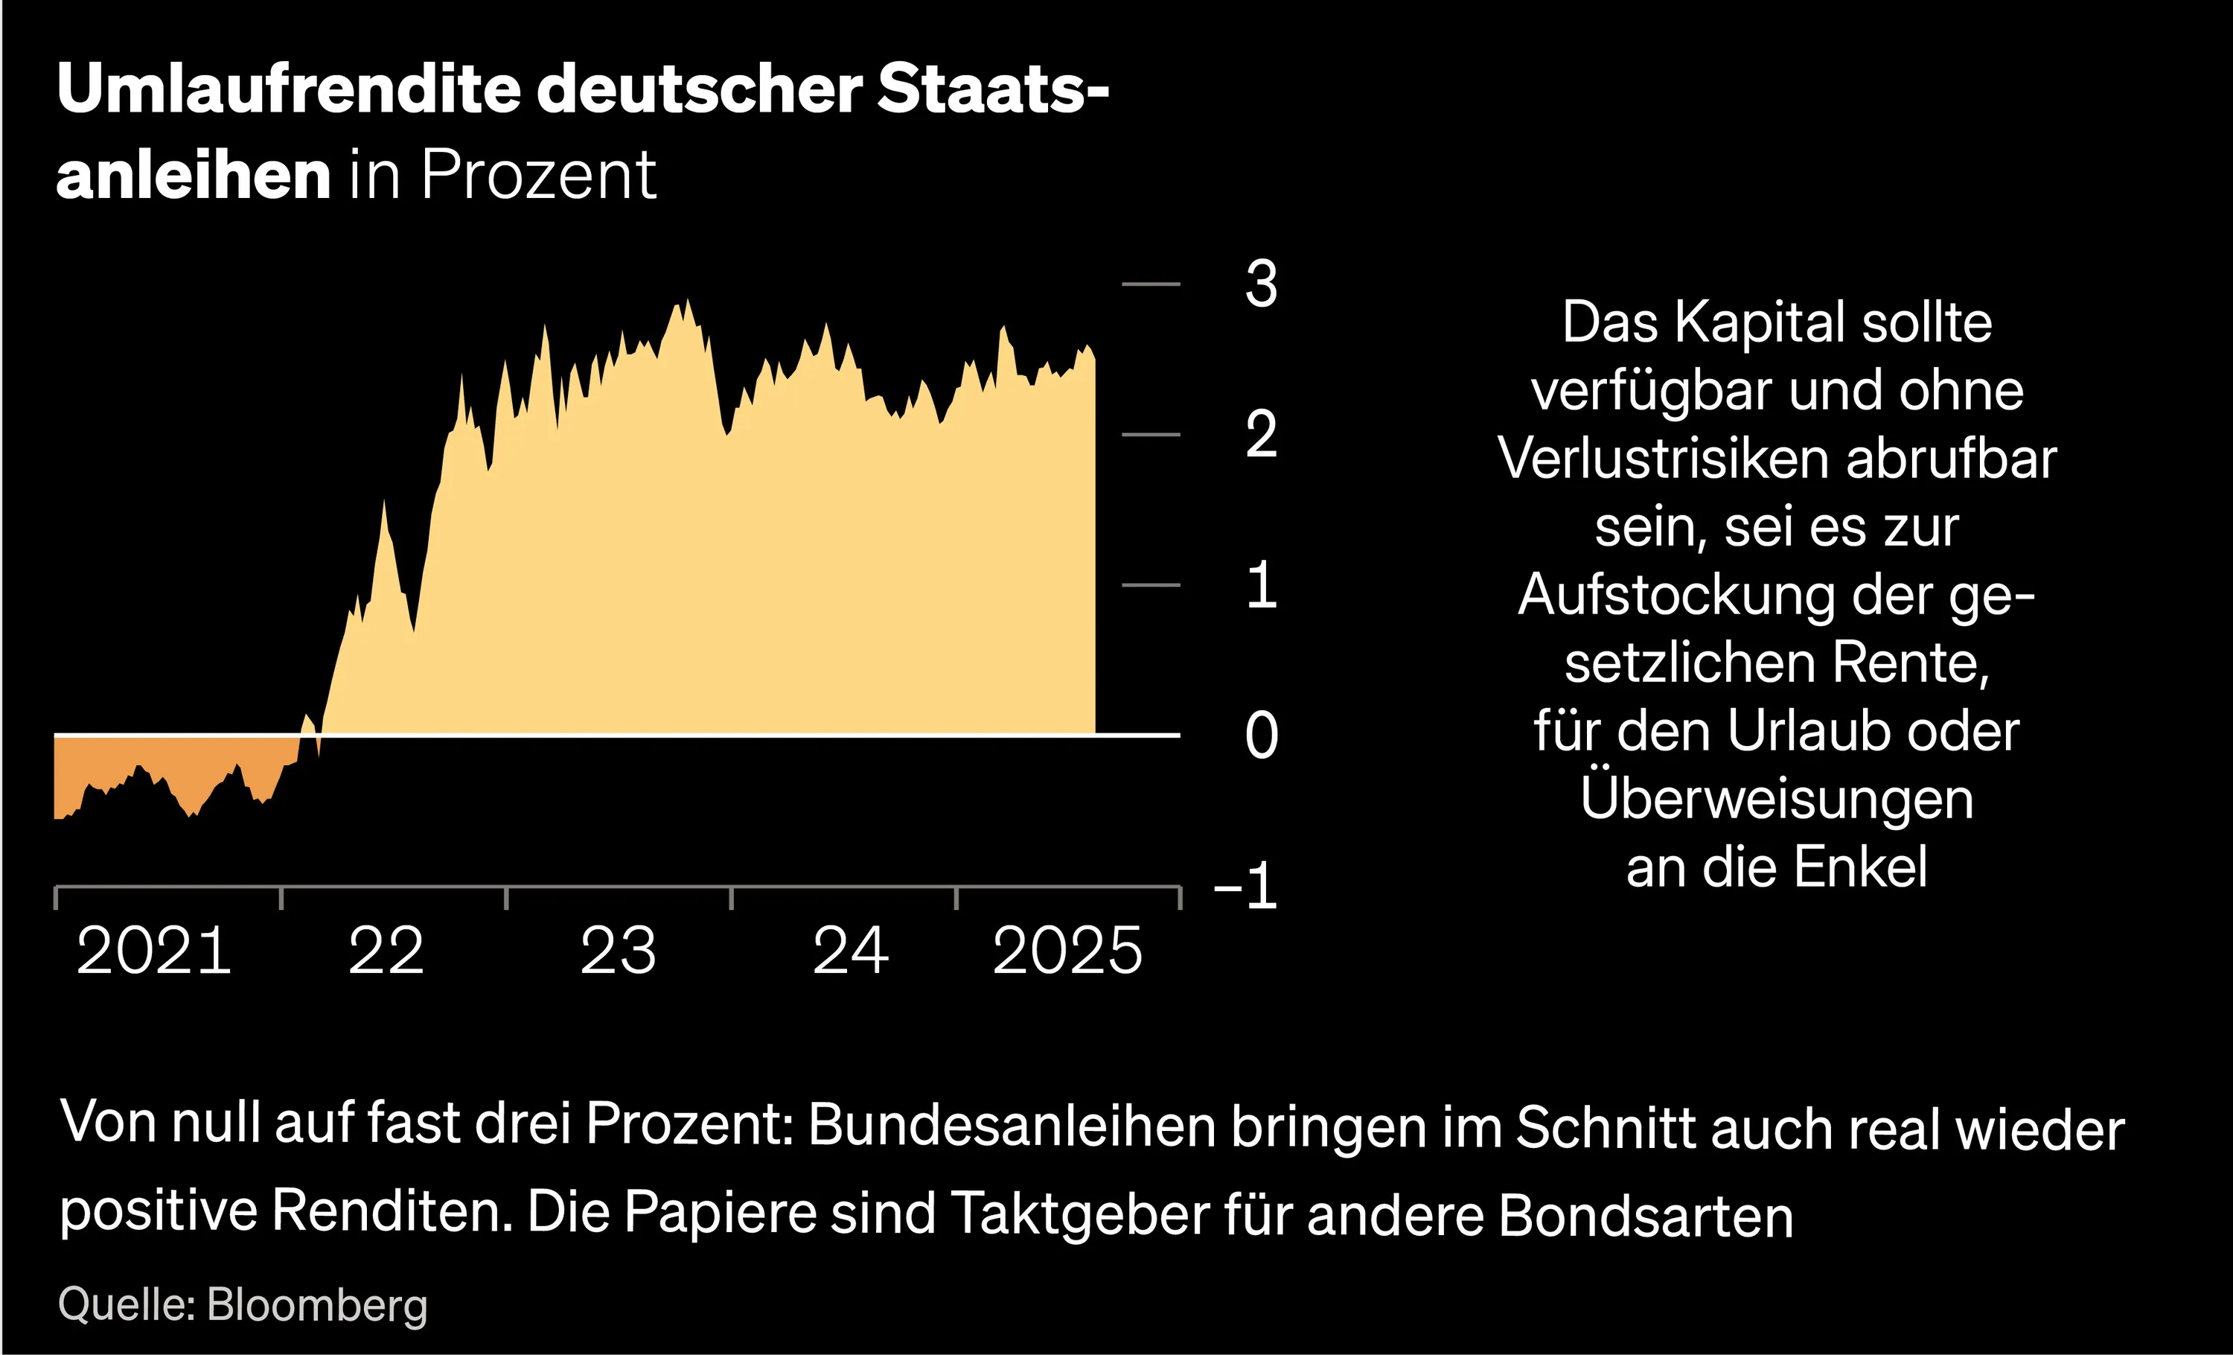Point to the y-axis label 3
click(1261, 284)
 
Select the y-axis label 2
click(1261, 434)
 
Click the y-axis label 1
click(1261, 585)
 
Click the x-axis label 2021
click(154, 951)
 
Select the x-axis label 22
click(386, 951)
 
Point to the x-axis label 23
click(618, 951)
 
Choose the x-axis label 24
click(850, 951)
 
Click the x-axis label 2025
click(1067, 951)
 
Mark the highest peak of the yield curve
click(687, 302)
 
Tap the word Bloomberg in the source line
click(316, 1305)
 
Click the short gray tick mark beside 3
click(1151, 284)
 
